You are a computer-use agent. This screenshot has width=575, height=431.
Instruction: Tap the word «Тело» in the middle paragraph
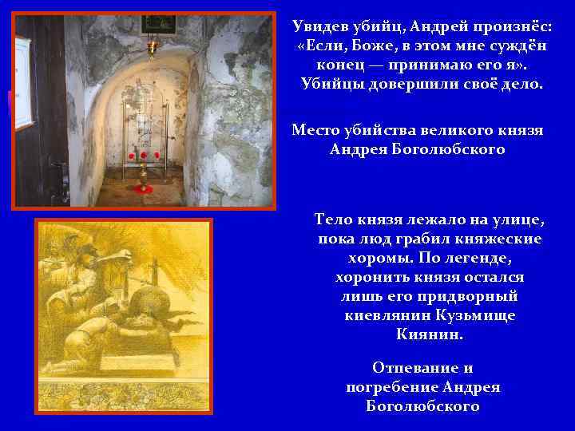pyautogui.click(x=338, y=219)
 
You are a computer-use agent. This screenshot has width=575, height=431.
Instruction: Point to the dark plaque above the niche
pyautogui.click(x=153, y=24)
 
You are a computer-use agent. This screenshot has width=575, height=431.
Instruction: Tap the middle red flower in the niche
pyautogui.click(x=144, y=155)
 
